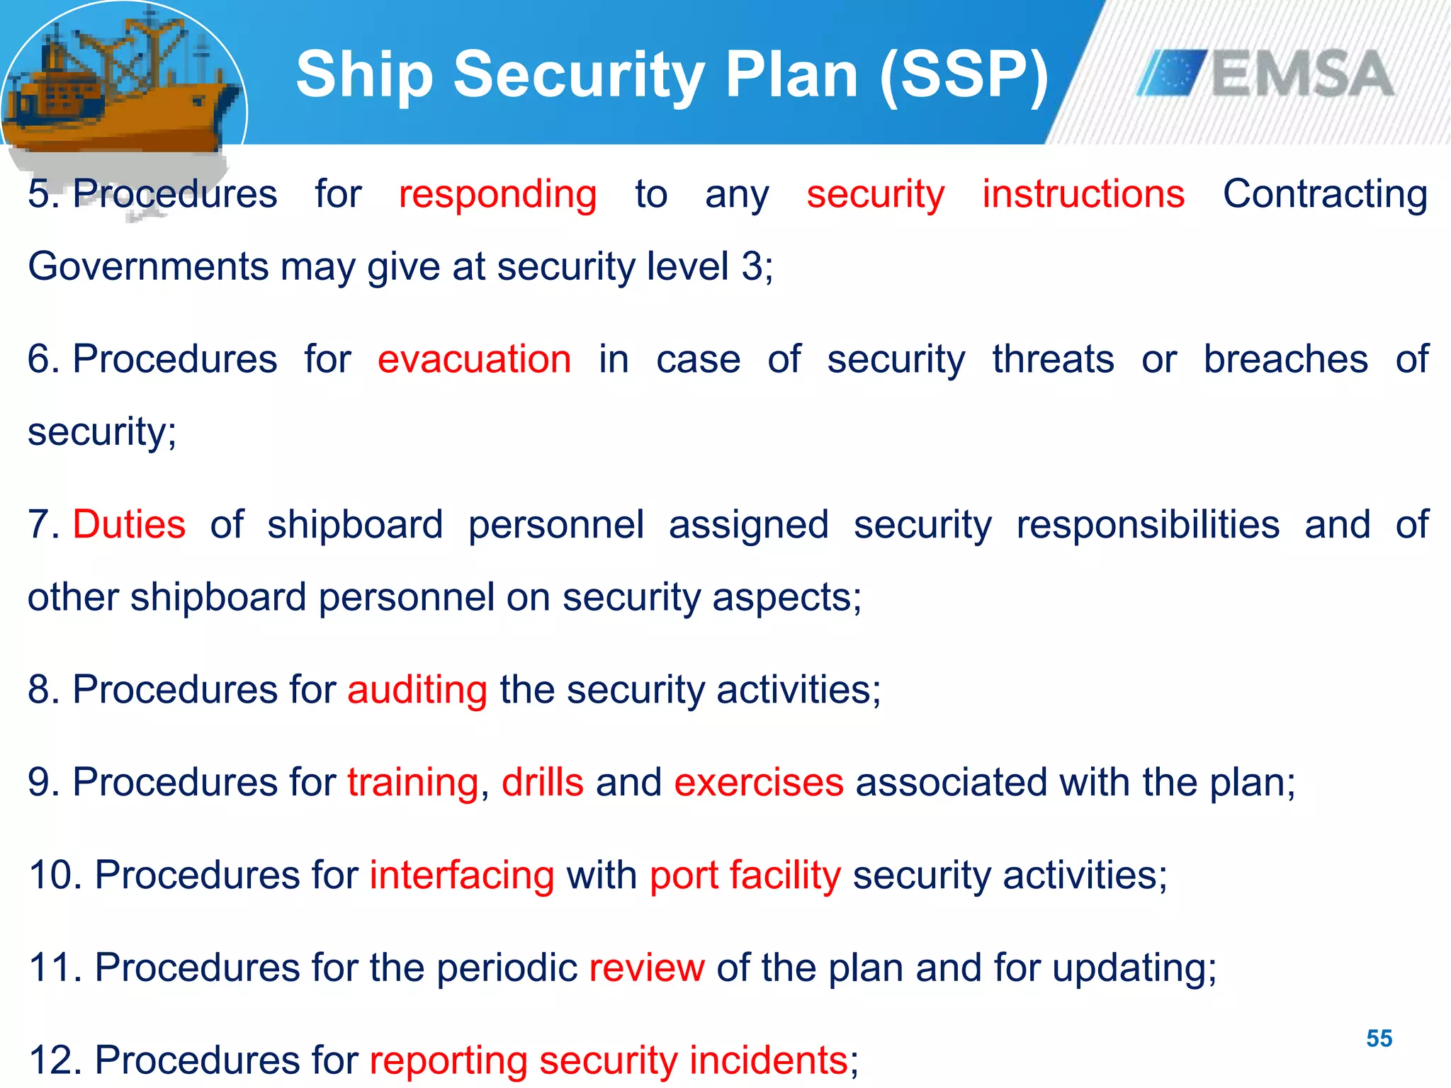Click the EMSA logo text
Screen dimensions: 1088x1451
coord(1302,74)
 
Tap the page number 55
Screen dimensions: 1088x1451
coord(1379,1038)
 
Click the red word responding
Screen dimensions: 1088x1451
coord(497,194)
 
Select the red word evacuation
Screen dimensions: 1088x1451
coord(474,359)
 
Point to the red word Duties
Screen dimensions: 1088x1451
coord(129,525)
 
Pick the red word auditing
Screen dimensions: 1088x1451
coord(417,690)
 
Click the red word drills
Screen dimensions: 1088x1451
coord(542,783)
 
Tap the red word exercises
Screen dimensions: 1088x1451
coord(758,783)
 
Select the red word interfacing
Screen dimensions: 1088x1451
coord(461,875)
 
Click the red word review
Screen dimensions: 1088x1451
coord(646,968)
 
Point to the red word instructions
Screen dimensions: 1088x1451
coord(1083,194)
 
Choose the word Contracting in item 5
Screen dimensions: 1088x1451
coord(1324,194)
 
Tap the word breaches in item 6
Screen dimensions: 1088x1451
coord(1285,359)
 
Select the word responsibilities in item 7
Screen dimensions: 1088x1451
coord(1148,525)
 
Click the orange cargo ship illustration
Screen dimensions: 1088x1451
coord(120,85)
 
